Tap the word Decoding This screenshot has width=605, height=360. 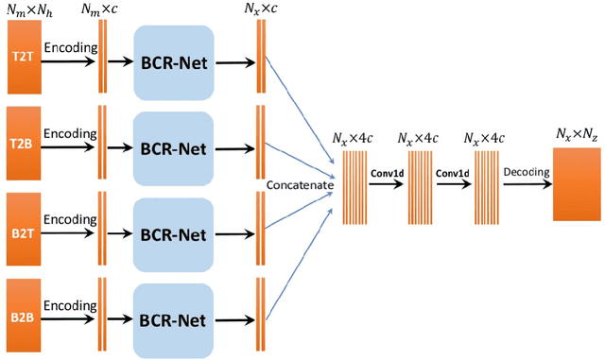525,173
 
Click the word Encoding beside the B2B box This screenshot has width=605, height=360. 69,305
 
